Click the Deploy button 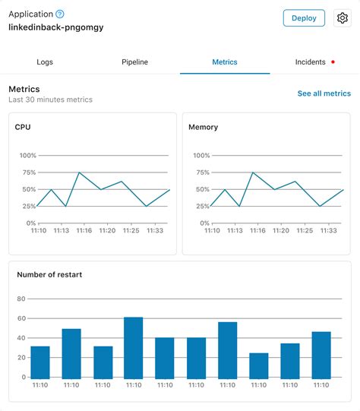point(304,18)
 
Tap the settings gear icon point(342,18)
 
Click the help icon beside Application point(60,14)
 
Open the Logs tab point(45,62)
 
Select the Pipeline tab point(134,62)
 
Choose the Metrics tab point(224,62)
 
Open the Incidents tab point(310,62)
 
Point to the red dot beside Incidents point(333,62)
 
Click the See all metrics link point(324,93)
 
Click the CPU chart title point(23,127)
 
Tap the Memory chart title point(203,127)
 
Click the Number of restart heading point(49,274)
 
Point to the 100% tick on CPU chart point(27,156)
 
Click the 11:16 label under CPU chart point(84,230)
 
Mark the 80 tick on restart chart point(21,299)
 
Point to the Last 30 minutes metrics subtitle point(50,100)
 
